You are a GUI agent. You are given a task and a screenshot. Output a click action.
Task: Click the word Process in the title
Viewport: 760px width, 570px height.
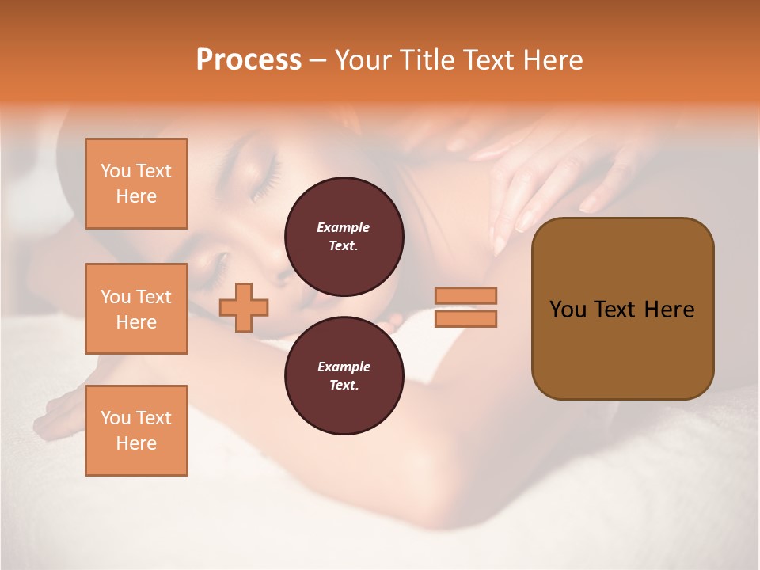[x=249, y=60]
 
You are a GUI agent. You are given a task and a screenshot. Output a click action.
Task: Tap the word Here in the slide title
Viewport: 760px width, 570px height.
[x=549, y=60]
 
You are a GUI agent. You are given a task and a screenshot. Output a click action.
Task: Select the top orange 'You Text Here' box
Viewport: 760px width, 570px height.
[x=136, y=184]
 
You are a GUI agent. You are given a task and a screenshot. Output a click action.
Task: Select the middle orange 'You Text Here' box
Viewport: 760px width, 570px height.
[x=136, y=309]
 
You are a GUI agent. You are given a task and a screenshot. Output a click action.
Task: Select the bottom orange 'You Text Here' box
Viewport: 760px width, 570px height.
[x=136, y=430]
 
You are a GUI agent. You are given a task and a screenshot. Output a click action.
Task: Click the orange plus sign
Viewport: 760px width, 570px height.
[x=244, y=308]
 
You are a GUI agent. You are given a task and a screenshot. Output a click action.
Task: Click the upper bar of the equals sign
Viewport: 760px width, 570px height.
[x=465, y=295]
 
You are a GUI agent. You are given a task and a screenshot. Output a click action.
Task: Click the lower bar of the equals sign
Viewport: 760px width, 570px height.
[x=465, y=318]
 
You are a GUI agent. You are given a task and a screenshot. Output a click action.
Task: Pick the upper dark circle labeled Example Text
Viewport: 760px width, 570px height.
[x=344, y=236]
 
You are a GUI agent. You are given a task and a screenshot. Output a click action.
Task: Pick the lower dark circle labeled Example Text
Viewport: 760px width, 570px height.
[x=344, y=375]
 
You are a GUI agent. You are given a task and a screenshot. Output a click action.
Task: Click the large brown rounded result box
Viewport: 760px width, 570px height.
[x=622, y=309]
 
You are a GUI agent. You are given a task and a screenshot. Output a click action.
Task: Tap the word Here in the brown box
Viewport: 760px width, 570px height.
[x=669, y=310]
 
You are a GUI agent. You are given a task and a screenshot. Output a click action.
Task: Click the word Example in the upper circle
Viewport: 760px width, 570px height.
[x=344, y=227]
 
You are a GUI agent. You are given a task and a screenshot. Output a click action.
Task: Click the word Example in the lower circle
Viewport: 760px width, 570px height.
[x=344, y=367]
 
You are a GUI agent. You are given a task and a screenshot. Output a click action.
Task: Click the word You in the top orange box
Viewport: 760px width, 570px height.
[x=116, y=171]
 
